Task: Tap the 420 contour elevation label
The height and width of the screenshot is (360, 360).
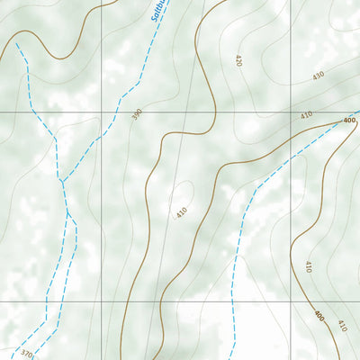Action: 238,61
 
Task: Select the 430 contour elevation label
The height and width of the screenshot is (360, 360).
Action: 318,76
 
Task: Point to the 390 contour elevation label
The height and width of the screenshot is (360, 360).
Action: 137,115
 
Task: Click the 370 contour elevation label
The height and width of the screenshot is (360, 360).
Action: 26,355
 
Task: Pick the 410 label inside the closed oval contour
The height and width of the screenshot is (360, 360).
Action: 180,213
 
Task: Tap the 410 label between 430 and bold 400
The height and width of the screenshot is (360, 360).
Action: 306,115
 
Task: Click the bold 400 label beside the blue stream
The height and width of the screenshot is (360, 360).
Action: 349,121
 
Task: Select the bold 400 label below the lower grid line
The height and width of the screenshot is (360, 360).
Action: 319,316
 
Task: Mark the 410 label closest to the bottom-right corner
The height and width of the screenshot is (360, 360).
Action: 342,325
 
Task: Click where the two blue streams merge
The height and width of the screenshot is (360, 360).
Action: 62,181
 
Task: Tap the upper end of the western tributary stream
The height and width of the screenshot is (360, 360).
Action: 16,42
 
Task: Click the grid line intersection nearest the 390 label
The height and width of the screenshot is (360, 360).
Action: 101,112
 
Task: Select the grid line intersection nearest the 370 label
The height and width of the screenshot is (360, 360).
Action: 101,301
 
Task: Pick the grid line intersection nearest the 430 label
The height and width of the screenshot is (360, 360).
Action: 290,112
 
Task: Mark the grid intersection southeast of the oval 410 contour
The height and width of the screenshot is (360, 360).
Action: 290,301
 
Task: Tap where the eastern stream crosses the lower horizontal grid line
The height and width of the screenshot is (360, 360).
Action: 233,301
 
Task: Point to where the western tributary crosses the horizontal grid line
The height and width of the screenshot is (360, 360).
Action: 32,112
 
